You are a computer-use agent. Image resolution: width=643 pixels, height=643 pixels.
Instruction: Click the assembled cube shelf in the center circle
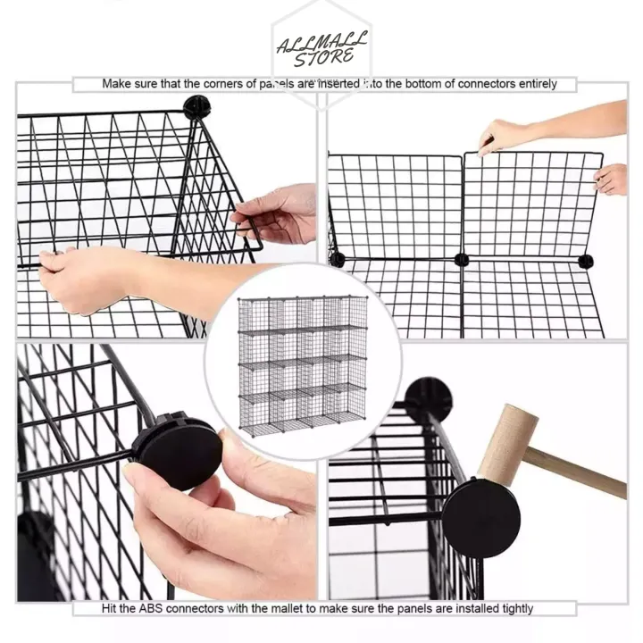[302, 364]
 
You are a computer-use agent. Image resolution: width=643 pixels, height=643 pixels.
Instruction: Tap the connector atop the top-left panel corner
[196, 106]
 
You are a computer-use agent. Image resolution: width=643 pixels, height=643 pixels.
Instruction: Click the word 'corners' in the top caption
[212, 84]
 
